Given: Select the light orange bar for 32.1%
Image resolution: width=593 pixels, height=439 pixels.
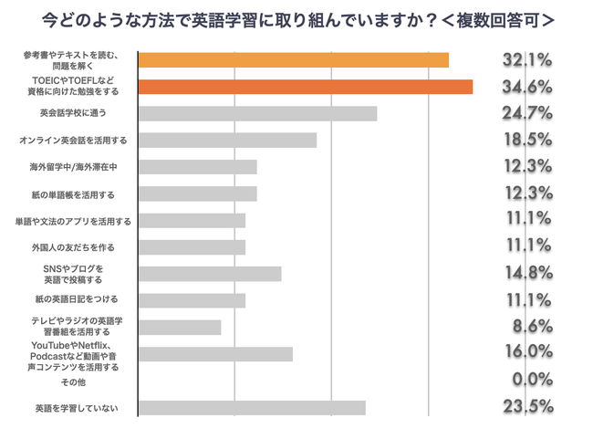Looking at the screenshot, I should click(x=293, y=60).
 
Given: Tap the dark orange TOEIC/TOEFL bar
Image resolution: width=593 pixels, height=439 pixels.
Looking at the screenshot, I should click(x=305, y=87).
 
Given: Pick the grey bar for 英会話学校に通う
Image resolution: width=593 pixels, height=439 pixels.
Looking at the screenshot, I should click(x=257, y=113).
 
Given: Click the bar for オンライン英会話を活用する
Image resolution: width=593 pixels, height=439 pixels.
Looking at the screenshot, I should click(x=227, y=141).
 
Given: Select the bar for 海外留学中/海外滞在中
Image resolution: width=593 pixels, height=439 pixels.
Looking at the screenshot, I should click(x=197, y=167).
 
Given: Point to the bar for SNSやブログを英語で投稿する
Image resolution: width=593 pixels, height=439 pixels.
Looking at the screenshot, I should click(x=210, y=274).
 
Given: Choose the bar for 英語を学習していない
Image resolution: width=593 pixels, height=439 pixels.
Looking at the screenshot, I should click(x=252, y=408).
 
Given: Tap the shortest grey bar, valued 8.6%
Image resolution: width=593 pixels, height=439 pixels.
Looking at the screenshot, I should click(x=180, y=328).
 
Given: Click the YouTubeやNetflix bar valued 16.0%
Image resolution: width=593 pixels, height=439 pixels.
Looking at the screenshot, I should click(x=215, y=354).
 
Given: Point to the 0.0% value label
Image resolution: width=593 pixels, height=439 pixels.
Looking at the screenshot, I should click(x=530, y=380).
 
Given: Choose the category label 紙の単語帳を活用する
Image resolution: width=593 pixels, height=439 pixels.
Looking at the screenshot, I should click(x=75, y=194).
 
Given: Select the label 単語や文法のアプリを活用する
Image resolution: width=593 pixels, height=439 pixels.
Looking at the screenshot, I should click(x=73, y=221).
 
